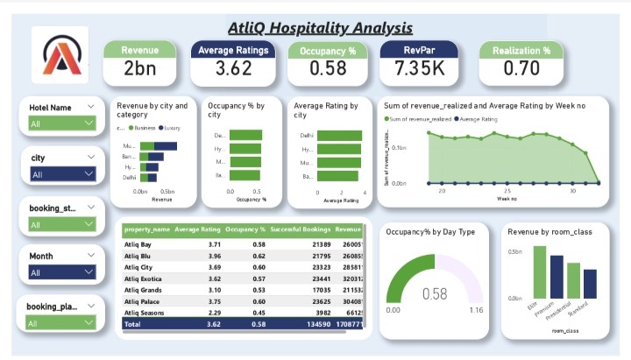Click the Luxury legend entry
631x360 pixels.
[x=171, y=127]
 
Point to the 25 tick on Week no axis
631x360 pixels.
[x=507, y=190]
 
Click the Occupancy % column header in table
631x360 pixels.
[x=245, y=229]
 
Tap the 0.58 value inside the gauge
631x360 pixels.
[x=435, y=293]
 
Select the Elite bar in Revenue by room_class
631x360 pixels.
[x=539, y=272]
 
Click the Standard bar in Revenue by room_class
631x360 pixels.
[x=589, y=284]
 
